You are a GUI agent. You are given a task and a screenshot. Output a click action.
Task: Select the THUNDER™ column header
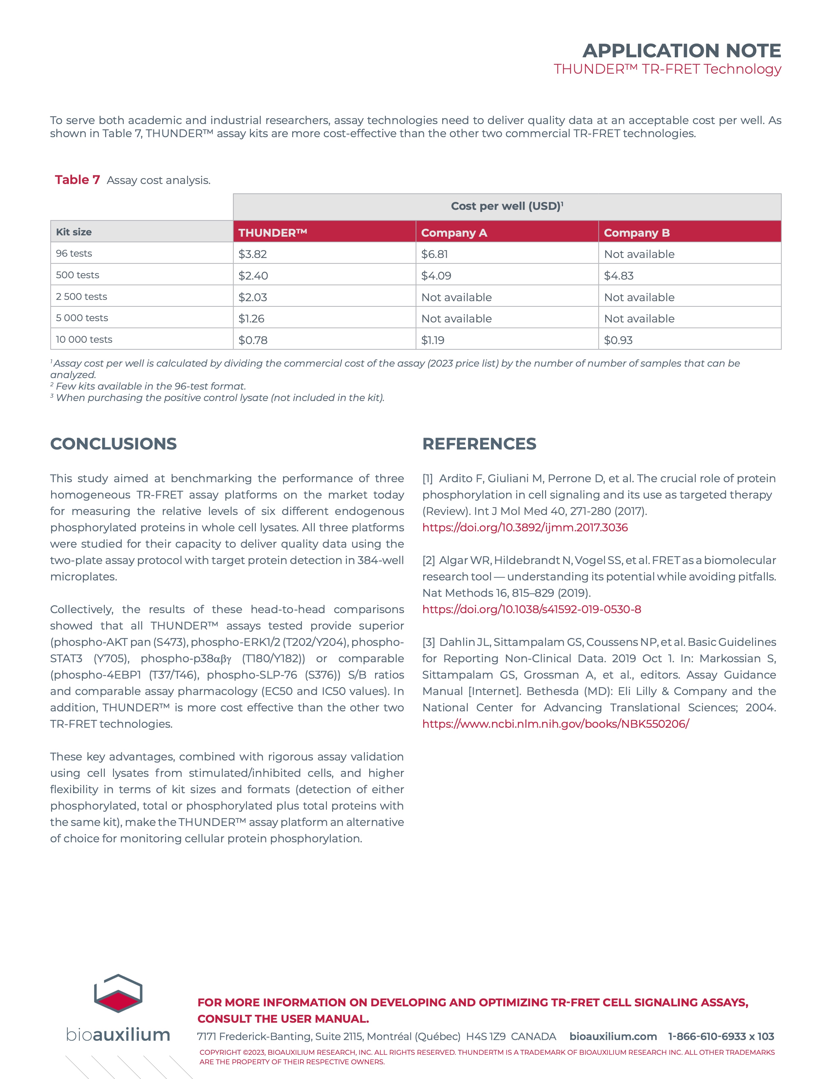273,232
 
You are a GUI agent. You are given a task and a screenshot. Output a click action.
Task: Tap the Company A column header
454,232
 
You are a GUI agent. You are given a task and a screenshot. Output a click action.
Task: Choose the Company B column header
637,232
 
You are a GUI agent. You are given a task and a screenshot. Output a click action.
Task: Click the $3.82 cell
253,254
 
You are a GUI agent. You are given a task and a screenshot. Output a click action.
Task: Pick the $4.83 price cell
618,276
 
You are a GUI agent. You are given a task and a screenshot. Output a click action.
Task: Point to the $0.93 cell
618,340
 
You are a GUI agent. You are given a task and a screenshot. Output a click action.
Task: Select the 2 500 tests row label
82,296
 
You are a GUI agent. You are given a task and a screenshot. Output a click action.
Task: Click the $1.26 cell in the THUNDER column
251,319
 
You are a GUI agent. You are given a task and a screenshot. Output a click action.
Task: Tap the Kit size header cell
74,232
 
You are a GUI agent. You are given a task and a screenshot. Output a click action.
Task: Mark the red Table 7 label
77,180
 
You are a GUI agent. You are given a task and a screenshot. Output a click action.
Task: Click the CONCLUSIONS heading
113,444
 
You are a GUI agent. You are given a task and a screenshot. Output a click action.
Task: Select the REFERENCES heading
479,444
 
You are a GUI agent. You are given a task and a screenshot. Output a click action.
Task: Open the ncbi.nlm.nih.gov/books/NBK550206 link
555,724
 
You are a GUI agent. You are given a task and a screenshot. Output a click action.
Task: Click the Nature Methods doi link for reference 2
531,609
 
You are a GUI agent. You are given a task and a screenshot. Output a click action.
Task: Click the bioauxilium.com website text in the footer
613,1036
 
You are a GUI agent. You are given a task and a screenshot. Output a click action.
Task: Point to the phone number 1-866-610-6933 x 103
721,1036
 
